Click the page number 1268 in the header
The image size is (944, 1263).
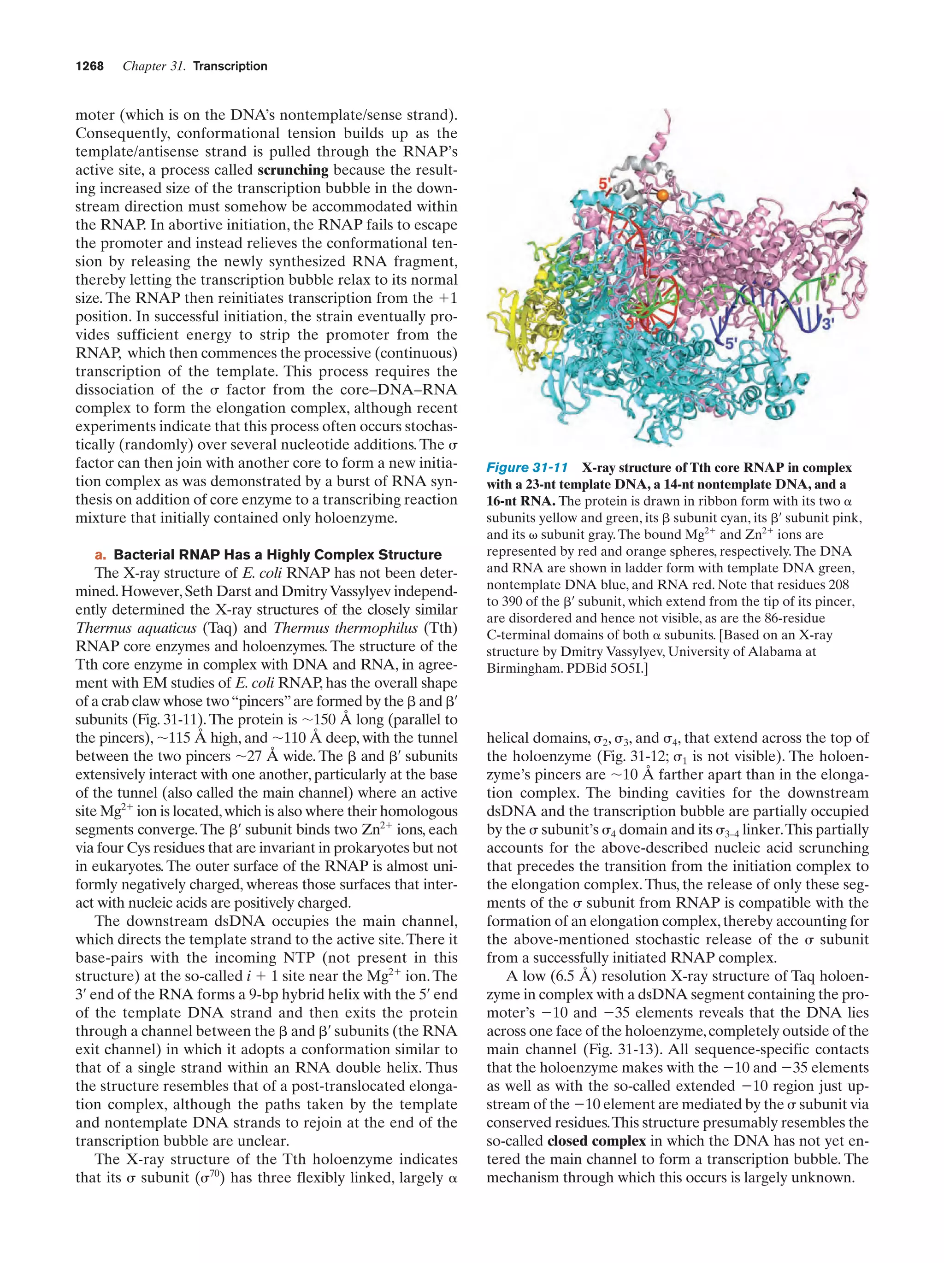90,66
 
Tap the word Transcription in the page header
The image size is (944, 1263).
230,66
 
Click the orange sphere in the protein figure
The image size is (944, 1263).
662,195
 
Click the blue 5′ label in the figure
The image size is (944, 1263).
732,344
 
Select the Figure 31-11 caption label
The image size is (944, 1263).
526,468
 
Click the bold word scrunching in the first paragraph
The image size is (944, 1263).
293,170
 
